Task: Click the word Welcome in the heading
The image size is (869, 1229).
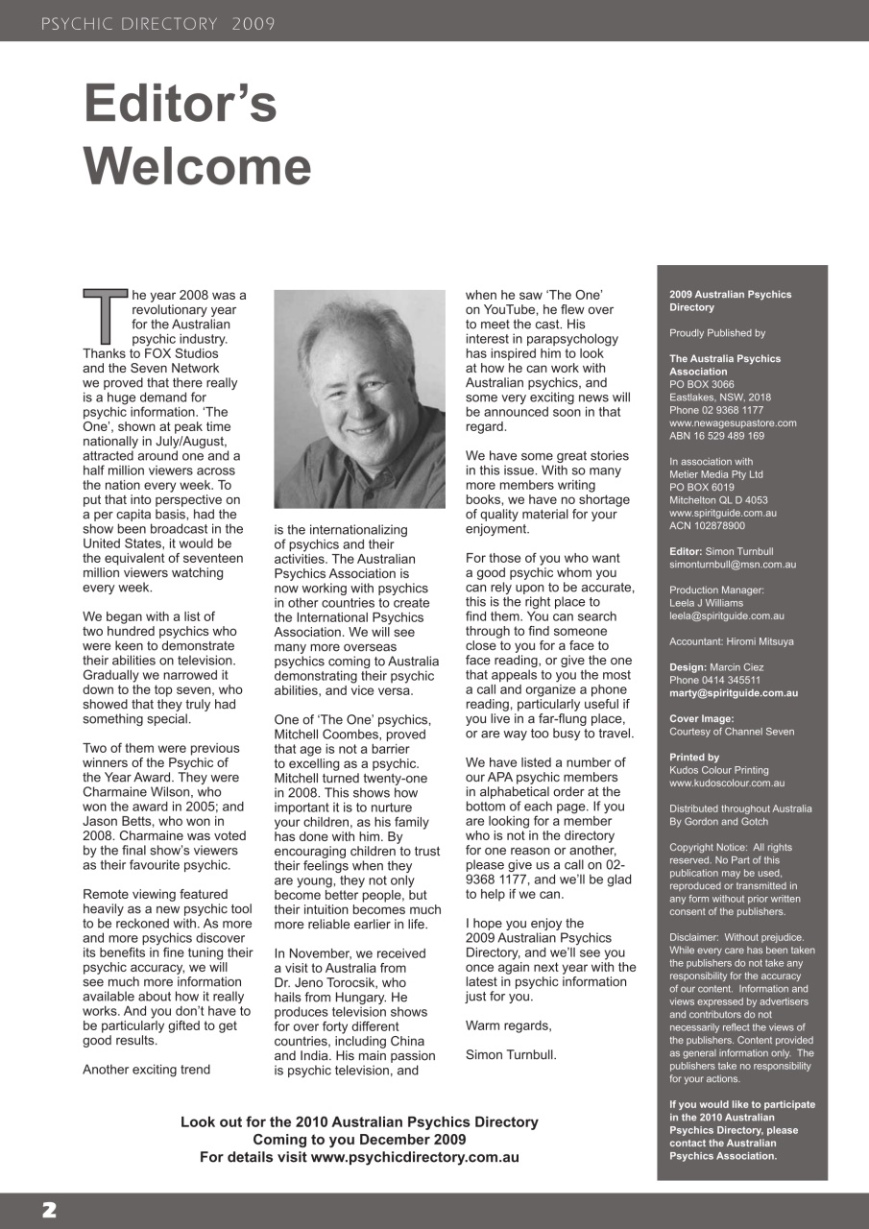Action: click(x=198, y=166)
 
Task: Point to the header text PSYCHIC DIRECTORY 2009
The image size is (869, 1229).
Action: click(x=158, y=24)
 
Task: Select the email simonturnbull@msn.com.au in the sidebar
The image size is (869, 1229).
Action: click(x=733, y=566)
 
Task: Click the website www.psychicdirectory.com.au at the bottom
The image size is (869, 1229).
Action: click(x=415, y=1157)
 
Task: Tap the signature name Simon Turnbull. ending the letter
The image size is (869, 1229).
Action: click(x=510, y=1055)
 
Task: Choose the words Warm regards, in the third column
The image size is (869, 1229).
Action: click(x=509, y=1025)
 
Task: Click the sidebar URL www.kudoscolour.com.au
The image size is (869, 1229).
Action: click(x=727, y=783)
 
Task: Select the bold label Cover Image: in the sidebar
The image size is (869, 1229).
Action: click(x=701, y=718)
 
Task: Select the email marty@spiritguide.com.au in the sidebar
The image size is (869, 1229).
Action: click(x=733, y=693)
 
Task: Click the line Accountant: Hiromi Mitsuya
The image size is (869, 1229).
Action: click(x=732, y=641)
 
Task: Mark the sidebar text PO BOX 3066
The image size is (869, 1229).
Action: click(x=702, y=384)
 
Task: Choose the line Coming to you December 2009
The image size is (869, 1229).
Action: click(x=359, y=1140)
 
